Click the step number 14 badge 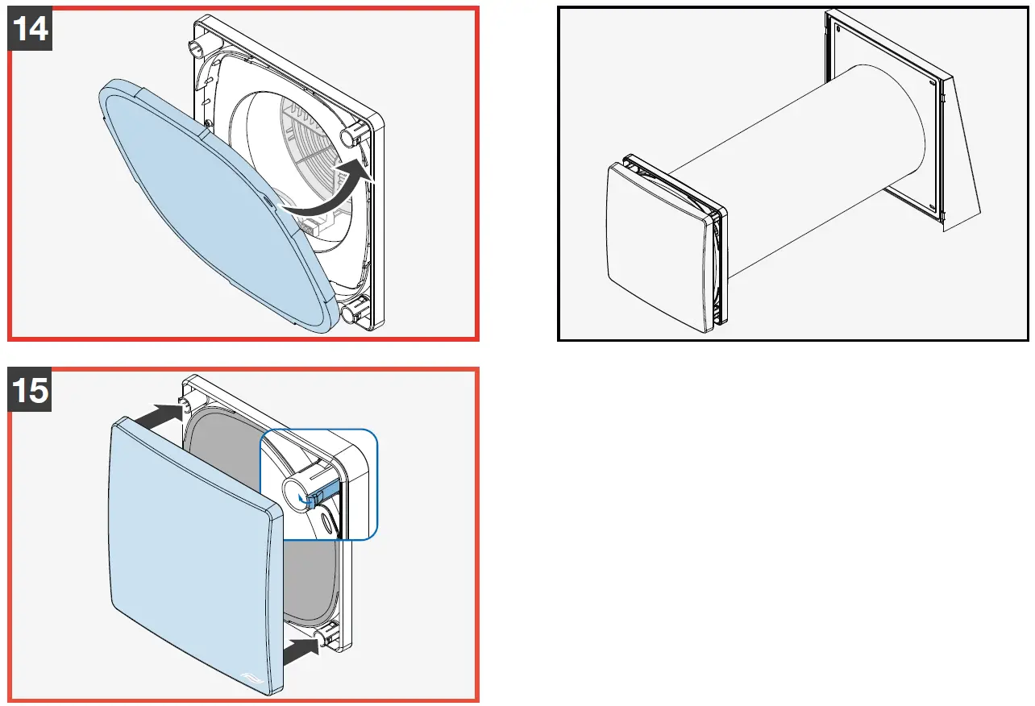[x=30, y=29]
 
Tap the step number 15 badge [x=30, y=390]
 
